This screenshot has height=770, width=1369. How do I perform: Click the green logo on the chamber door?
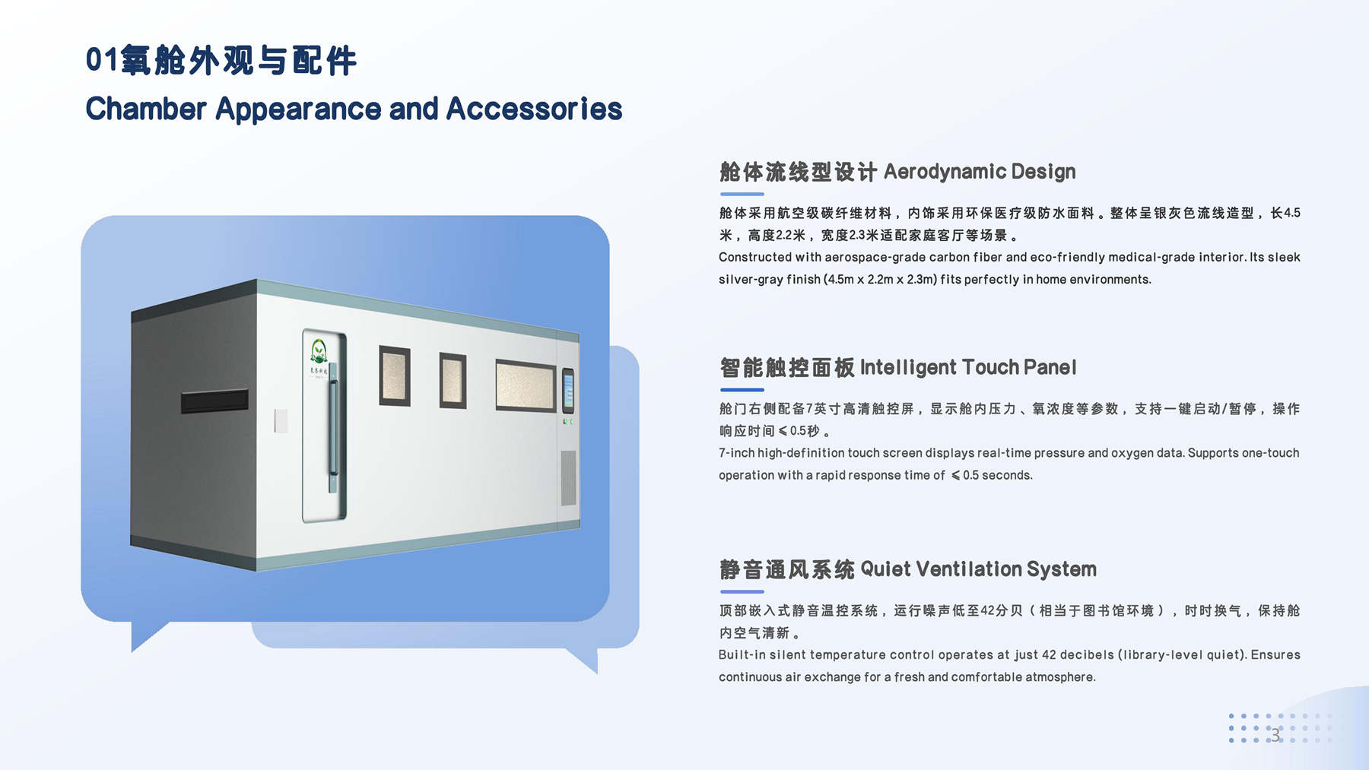[319, 352]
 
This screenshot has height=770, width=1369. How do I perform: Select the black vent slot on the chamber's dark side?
[214, 401]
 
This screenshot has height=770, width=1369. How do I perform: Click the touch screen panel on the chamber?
[568, 391]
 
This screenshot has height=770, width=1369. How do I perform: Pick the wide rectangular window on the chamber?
[526, 385]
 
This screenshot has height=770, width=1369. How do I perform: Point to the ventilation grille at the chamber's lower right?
[568, 478]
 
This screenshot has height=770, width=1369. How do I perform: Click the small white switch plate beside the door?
[281, 420]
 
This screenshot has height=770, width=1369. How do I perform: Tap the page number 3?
[1275, 735]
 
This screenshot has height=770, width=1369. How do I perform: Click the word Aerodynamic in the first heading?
[944, 172]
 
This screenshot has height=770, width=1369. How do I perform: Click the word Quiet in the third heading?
[885, 569]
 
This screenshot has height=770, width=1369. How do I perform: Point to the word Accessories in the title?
[534, 109]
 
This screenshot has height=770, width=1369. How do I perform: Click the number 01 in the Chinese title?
[102, 60]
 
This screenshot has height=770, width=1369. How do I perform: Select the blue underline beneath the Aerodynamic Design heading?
[742, 194]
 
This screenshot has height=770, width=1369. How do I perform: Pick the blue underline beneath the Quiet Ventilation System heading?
[742, 591]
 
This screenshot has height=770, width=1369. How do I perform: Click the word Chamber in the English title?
[146, 109]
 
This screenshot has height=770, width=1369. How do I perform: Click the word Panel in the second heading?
[1050, 368]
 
